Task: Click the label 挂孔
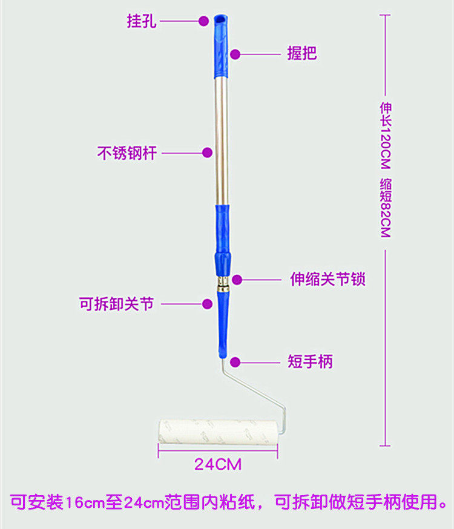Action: [x=142, y=21]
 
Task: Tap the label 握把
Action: [x=301, y=54]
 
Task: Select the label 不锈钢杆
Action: [x=127, y=153]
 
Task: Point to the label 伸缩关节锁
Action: [x=328, y=280]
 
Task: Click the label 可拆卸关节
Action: [x=116, y=304]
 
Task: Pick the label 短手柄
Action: [x=309, y=363]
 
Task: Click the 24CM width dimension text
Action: [x=218, y=465]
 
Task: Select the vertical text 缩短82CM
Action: [x=386, y=208]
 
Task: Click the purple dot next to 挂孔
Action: [x=204, y=21]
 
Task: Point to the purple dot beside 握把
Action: [x=235, y=54]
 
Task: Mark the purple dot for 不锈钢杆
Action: [x=207, y=153]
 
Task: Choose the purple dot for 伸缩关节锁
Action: [x=237, y=280]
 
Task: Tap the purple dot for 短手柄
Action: [x=235, y=363]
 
